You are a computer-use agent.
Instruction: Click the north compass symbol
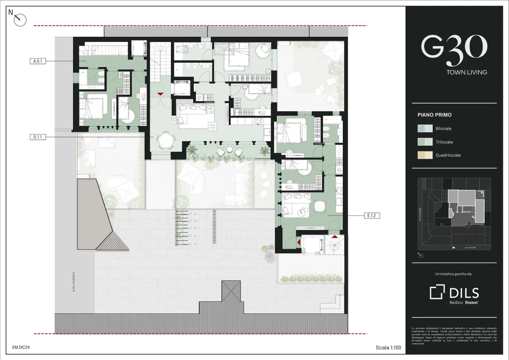pos(19,19)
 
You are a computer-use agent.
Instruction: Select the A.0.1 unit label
pos(38,61)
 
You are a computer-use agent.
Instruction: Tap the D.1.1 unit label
pos(38,137)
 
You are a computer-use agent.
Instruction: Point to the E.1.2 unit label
pos(371,216)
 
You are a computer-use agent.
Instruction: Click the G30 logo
pos(454,50)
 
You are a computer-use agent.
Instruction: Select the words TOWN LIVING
pos(466,72)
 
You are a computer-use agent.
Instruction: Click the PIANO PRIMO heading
pos(434,115)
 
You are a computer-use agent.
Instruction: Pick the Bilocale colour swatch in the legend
pos(425,128)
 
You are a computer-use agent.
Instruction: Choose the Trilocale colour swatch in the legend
pos(425,142)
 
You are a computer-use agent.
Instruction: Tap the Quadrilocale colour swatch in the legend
pos(425,155)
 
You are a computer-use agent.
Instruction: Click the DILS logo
pos(454,293)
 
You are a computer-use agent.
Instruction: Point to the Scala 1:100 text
pos(388,348)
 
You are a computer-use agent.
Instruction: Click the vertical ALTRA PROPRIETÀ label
pos(74,282)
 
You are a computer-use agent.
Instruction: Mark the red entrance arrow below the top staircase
pos(160,94)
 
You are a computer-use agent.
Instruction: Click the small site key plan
pos(454,214)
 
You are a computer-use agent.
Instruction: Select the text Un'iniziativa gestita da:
pos(454,274)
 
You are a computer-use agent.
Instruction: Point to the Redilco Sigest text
pos(464,303)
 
